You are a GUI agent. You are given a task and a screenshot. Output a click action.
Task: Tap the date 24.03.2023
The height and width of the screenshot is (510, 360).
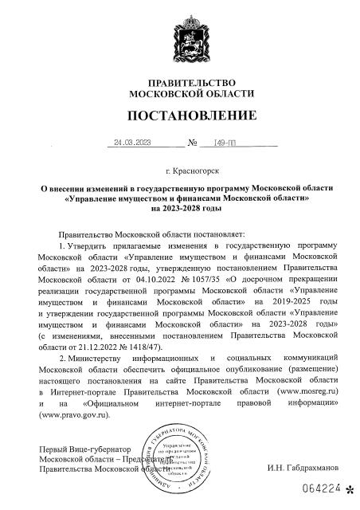click(x=132, y=143)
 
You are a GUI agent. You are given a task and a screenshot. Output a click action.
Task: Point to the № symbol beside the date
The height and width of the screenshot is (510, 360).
click(x=192, y=144)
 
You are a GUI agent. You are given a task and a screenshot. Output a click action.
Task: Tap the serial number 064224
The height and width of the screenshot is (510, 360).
click(x=320, y=495)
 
